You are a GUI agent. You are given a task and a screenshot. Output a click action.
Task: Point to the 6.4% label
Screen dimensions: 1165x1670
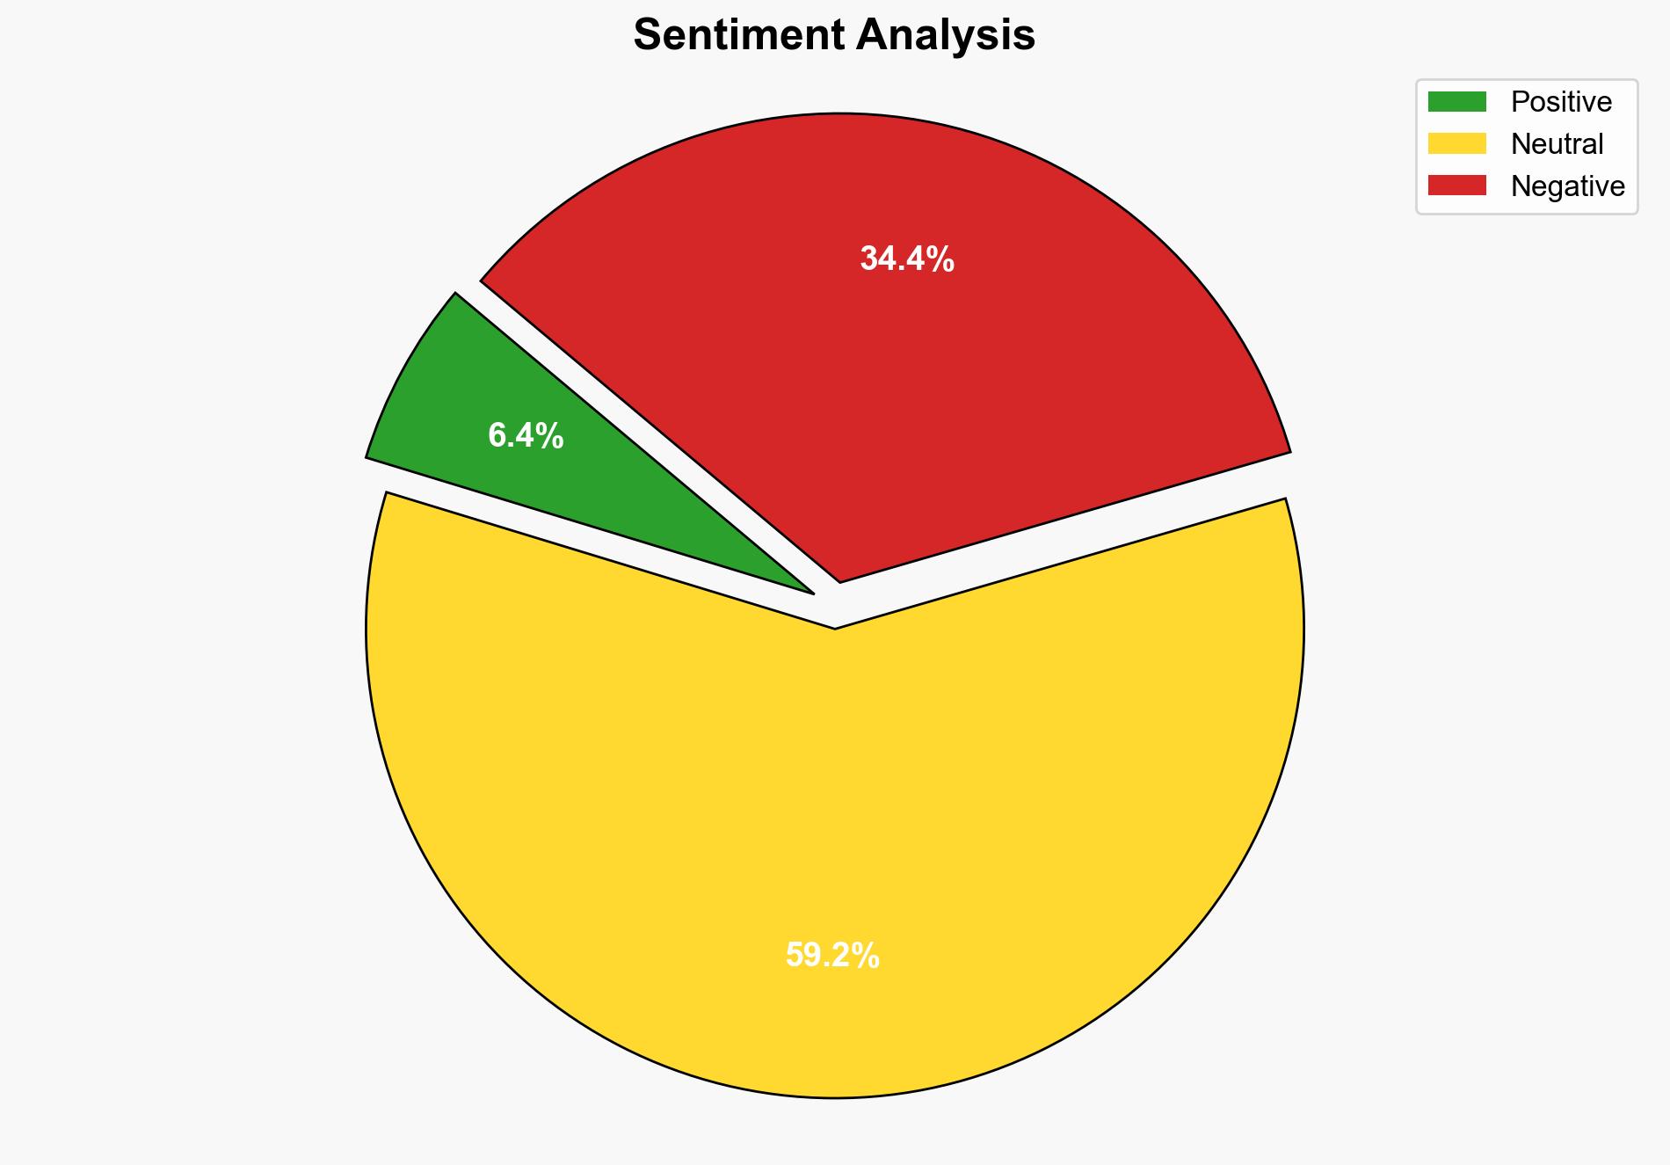(x=526, y=435)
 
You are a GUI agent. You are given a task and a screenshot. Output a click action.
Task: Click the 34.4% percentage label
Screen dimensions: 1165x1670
(x=907, y=259)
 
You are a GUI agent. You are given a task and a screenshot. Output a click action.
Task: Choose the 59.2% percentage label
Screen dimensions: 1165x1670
(x=832, y=955)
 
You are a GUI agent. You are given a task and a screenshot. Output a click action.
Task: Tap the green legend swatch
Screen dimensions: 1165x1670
(x=1456, y=102)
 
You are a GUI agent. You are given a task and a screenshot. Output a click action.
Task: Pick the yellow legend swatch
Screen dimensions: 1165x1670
(x=1456, y=143)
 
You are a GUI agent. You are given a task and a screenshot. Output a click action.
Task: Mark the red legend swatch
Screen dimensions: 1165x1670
(x=1456, y=186)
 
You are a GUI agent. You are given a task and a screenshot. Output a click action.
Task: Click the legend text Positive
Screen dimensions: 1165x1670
(x=1561, y=102)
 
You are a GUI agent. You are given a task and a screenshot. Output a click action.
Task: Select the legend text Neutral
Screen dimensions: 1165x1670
(x=1557, y=143)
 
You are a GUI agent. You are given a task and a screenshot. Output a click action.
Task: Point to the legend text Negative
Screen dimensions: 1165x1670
(x=1567, y=186)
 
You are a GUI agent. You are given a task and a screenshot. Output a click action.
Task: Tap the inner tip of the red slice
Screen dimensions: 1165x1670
(x=840, y=579)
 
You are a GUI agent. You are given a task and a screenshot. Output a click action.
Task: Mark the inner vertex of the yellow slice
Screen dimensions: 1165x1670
(x=835, y=627)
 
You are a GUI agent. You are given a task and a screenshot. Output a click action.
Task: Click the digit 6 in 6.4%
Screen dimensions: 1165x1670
(x=497, y=435)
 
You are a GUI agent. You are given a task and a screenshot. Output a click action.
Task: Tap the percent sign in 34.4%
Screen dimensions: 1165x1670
(x=942, y=259)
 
